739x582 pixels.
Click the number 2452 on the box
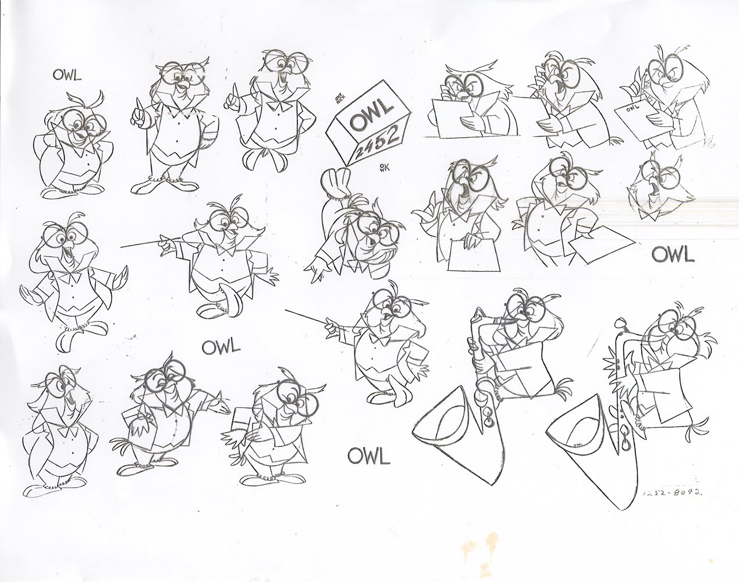pos(375,140)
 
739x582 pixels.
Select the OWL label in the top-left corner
pos(66,74)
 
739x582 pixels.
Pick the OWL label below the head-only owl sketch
pos(672,254)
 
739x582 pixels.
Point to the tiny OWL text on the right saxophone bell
pos(578,444)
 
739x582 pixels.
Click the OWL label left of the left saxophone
pos(368,456)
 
